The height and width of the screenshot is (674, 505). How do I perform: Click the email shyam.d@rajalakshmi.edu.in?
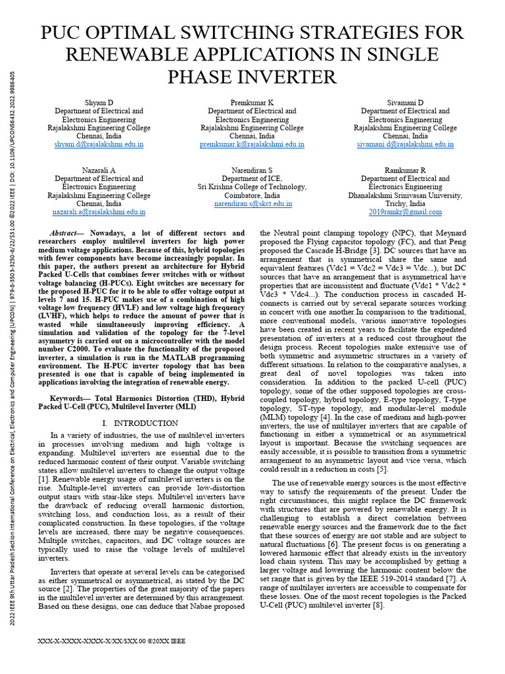pos(99,144)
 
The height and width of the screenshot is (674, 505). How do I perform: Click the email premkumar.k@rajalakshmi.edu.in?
pos(252,144)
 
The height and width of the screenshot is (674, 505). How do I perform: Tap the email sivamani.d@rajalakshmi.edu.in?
pos(405,144)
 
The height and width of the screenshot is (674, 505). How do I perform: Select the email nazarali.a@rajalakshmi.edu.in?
pos(99,213)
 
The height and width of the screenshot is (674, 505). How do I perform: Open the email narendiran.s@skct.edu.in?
pos(252,204)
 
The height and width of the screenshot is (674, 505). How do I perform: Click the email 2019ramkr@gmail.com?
pos(405,213)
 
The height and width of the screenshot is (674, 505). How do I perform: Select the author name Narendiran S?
pos(252,170)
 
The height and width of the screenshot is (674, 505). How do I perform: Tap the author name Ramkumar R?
pos(405,170)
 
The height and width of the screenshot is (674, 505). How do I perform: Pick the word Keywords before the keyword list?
pos(68,399)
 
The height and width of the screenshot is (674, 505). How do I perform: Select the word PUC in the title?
pos(64,33)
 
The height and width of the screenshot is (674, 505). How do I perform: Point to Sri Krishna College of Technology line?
pos(252,187)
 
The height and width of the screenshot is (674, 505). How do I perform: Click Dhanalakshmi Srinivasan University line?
pos(405,195)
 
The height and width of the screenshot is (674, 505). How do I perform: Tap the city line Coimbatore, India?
pos(252,195)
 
